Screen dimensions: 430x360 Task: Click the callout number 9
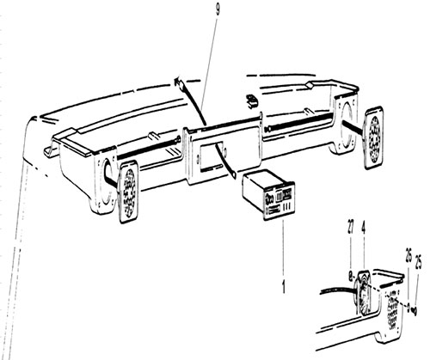coord(218,10)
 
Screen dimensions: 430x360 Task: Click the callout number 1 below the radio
coord(283,287)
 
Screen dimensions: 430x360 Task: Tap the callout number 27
coord(350,226)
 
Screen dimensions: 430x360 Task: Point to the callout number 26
coord(409,253)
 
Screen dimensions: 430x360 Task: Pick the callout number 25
coord(418,262)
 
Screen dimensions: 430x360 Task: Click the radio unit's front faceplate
coord(279,201)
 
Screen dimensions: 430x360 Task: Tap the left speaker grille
coord(129,192)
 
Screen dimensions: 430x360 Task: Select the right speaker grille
coord(374,137)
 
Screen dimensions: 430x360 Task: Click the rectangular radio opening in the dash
coord(211,158)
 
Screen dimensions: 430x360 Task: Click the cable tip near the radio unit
coord(233,174)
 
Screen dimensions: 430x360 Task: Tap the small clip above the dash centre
coord(251,101)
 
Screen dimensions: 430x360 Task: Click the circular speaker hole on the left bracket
coord(107,183)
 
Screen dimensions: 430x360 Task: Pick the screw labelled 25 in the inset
coord(415,310)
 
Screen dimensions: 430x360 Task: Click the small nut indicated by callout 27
coord(350,276)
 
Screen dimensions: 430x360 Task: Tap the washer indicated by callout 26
coord(408,307)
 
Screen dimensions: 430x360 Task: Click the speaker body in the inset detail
coord(363,292)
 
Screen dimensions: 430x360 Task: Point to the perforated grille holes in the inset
coord(393,308)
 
